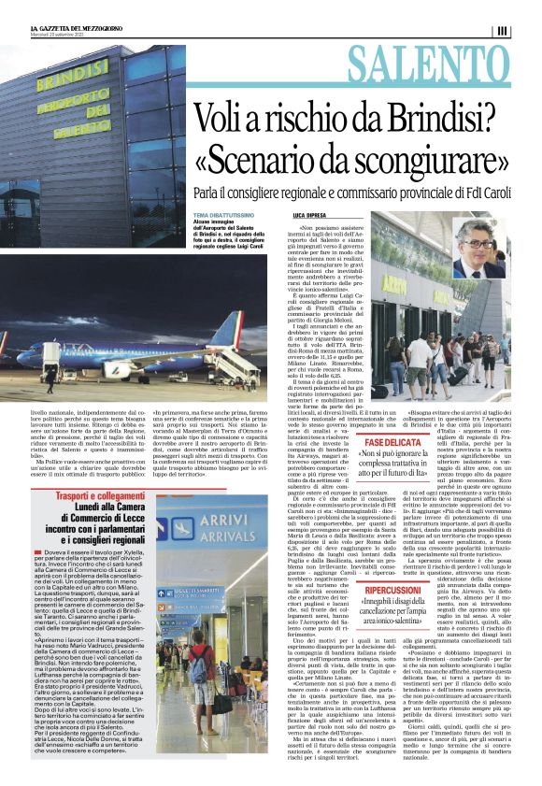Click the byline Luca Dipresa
click(309, 214)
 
